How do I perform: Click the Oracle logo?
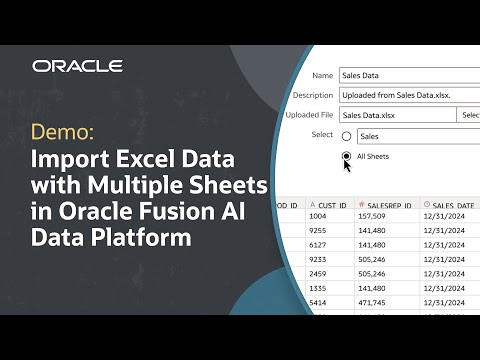coord(77,66)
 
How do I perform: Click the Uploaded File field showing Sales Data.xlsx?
coord(395,115)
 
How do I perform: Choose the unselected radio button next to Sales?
coord(346,136)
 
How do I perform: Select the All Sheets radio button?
coord(346,157)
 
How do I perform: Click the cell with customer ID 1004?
coord(321,226)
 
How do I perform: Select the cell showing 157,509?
coord(371,226)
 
